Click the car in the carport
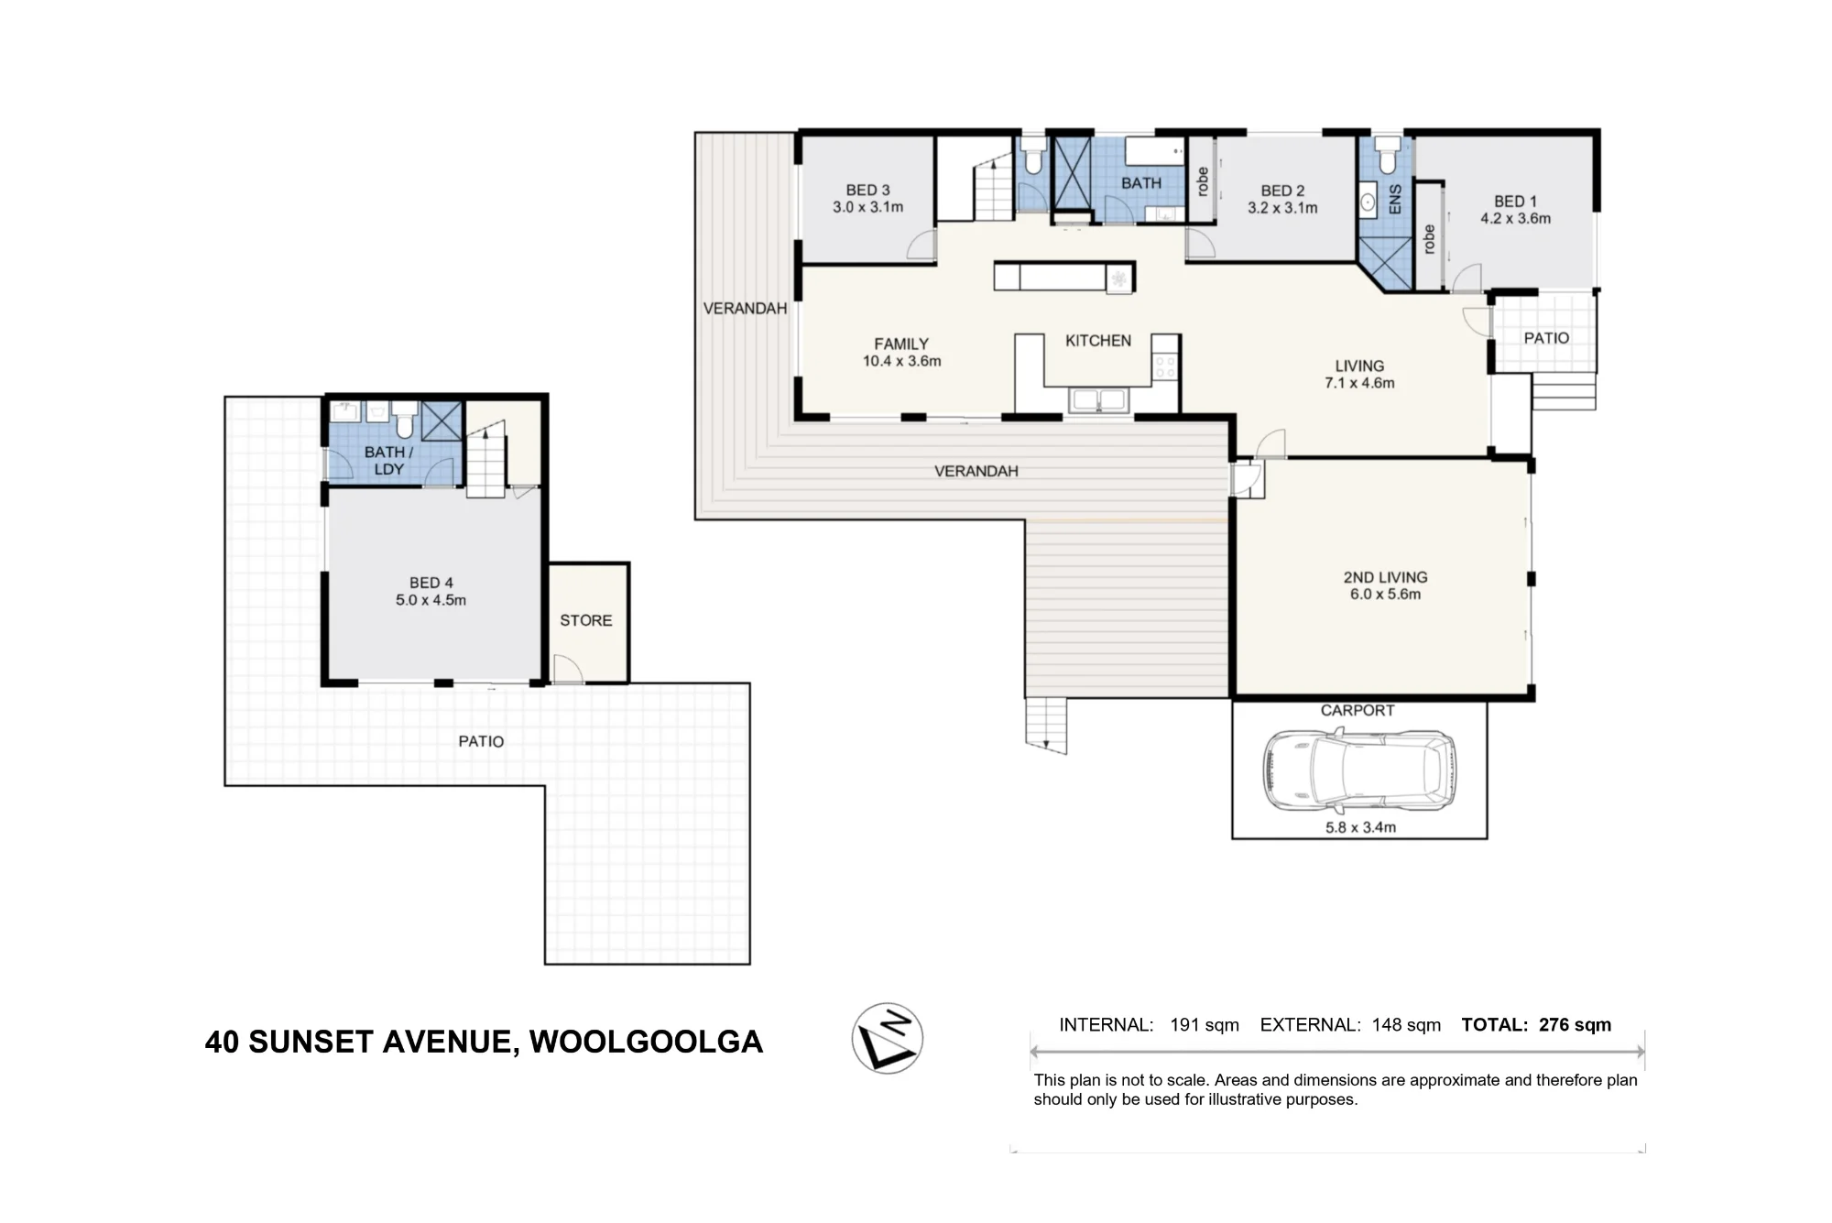(x=1358, y=771)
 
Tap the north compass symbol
(x=887, y=1038)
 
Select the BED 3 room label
(x=867, y=190)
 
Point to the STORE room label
(x=586, y=620)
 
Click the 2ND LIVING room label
(x=1385, y=577)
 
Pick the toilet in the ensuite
(x=1388, y=155)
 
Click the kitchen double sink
(x=1098, y=400)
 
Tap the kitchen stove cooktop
(x=1165, y=368)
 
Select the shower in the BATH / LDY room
(x=442, y=420)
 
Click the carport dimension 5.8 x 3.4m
(x=1360, y=827)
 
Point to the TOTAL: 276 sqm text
(x=1536, y=1025)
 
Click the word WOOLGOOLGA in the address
(x=646, y=1042)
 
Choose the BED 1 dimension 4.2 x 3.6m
(x=1516, y=218)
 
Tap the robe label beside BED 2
(x=1203, y=181)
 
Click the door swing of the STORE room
(x=568, y=669)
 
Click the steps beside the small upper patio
(x=1564, y=391)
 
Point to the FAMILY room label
(x=901, y=344)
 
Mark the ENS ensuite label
(x=1395, y=199)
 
